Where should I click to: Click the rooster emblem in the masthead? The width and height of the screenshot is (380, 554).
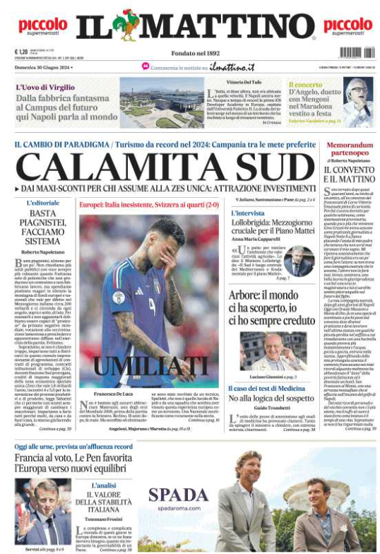pyautogui.click(x=129, y=25)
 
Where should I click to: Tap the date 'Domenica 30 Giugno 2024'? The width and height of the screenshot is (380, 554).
pyautogui.click(x=42, y=67)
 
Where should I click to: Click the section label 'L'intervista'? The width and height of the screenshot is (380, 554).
pyautogui.click(x=248, y=213)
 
